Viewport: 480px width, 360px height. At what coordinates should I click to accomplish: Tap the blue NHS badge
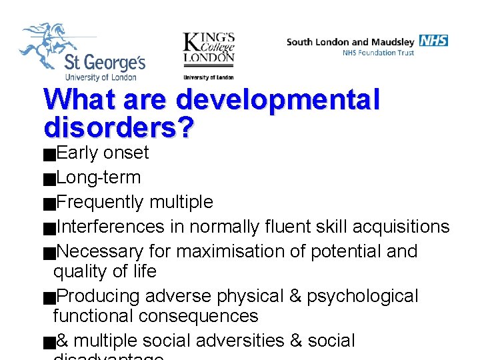coord(433,41)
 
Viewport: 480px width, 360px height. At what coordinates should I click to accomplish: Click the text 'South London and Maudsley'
coord(351,41)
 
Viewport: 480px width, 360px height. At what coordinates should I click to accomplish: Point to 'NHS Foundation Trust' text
coord(378,53)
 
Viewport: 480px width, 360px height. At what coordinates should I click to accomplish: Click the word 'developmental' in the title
coord(278,100)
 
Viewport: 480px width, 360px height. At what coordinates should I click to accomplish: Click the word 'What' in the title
coord(75,100)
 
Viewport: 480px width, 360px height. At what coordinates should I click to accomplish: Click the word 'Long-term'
coord(99,177)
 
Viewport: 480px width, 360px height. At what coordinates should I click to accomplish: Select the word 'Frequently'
coord(100,202)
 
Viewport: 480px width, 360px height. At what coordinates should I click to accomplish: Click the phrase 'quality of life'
coord(105,271)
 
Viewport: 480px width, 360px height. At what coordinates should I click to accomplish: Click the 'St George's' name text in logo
coord(104,63)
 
